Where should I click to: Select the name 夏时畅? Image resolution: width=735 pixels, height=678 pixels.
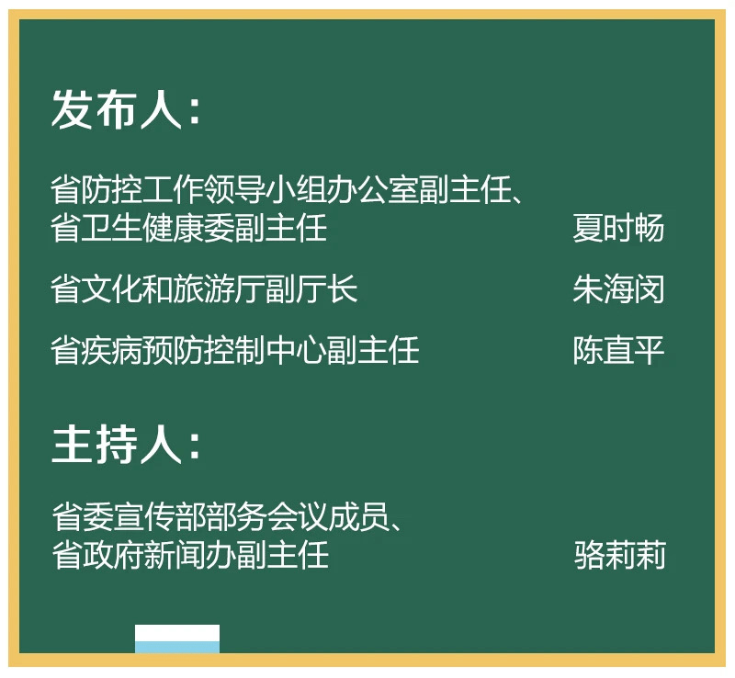(x=618, y=228)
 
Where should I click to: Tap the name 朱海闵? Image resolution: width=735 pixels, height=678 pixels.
(x=618, y=289)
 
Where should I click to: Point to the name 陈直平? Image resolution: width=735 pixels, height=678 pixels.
(x=618, y=350)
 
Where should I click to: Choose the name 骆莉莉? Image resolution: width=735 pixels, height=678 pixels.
(x=619, y=555)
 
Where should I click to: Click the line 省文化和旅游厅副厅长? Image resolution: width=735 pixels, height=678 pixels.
(x=204, y=289)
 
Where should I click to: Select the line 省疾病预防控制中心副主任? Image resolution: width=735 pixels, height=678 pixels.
(x=235, y=350)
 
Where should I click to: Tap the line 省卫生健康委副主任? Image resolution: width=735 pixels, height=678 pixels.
(x=189, y=228)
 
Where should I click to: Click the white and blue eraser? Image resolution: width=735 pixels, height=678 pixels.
(x=177, y=639)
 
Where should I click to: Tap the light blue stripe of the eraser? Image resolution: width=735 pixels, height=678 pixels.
(x=177, y=648)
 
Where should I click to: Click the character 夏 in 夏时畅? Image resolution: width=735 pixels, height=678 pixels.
(x=588, y=228)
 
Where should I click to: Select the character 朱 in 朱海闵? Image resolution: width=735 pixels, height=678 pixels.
(x=588, y=289)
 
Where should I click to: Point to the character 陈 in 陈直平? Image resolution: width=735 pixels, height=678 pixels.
(x=588, y=350)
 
